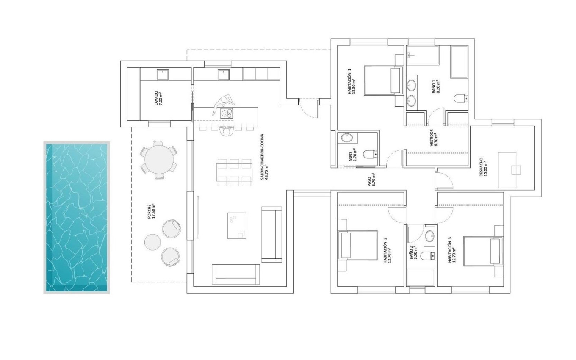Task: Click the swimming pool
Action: coord(77,218)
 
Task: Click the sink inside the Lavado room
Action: coord(162,75)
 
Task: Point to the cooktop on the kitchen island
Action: coord(227,113)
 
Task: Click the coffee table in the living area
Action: coord(237,226)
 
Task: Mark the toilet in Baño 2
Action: coord(428,255)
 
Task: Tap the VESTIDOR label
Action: coord(433,137)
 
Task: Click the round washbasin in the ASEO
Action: coord(346,138)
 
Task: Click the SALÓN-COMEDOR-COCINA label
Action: coord(265,157)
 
